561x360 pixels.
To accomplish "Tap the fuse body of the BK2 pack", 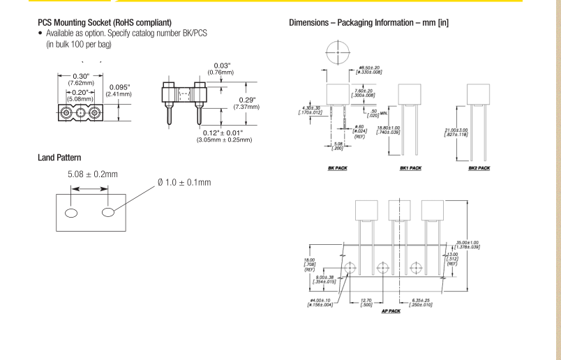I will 479,95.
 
